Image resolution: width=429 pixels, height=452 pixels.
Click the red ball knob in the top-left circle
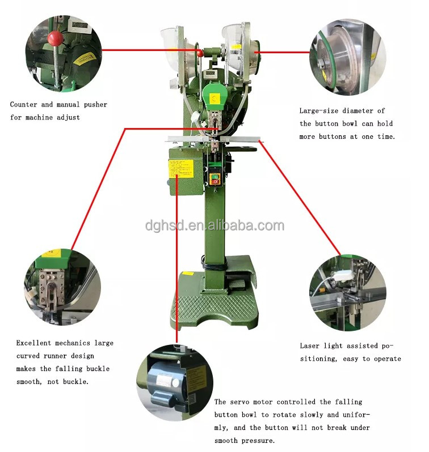[55, 38]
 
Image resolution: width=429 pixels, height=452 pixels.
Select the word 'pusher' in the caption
[95, 105]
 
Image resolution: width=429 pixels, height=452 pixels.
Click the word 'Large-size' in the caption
[318, 111]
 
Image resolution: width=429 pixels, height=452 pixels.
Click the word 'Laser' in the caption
[309, 346]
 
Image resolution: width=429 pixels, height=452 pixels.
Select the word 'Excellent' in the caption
[33, 343]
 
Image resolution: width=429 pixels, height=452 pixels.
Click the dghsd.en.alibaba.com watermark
[214, 225]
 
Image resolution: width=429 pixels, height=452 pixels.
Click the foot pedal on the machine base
[237, 285]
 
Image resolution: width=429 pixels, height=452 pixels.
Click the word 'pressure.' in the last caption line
[258, 441]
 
